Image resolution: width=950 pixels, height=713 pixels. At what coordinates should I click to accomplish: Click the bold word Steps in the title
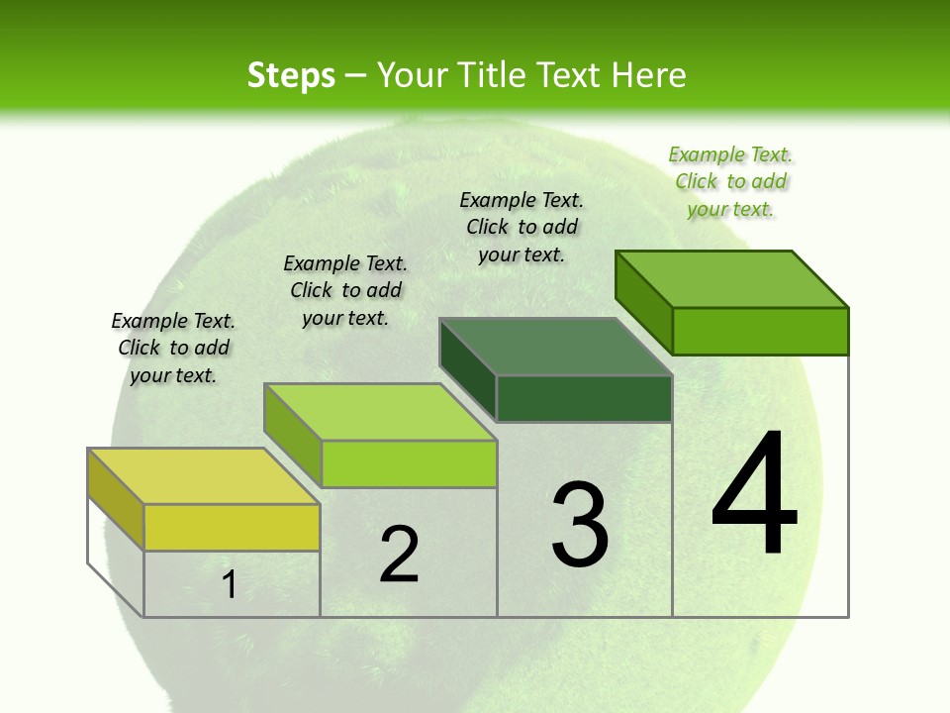(291, 75)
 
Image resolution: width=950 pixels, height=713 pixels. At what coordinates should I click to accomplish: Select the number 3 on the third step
(580, 525)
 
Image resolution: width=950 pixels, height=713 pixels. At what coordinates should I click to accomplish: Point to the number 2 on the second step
(400, 555)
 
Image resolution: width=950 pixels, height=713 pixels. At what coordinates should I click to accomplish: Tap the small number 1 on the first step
(230, 585)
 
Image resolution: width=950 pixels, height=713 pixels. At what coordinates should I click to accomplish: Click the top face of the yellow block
(203, 476)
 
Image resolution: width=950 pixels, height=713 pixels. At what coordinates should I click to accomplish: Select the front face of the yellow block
(232, 527)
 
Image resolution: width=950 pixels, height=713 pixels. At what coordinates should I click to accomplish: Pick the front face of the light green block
(409, 463)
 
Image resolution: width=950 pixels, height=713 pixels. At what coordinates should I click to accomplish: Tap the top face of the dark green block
(555, 347)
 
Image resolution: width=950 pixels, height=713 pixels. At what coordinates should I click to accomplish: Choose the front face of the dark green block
(584, 398)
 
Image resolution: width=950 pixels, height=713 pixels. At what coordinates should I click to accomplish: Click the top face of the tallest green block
(731, 279)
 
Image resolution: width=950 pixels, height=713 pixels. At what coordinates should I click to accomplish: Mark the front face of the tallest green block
(760, 331)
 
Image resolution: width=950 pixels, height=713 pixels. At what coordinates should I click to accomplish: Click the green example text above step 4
(730, 181)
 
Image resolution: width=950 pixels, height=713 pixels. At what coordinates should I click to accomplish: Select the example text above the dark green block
(522, 227)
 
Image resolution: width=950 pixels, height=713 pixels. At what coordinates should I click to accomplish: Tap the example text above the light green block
(345, 290)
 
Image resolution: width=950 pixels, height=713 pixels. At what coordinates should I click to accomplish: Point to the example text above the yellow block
(173, 348)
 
